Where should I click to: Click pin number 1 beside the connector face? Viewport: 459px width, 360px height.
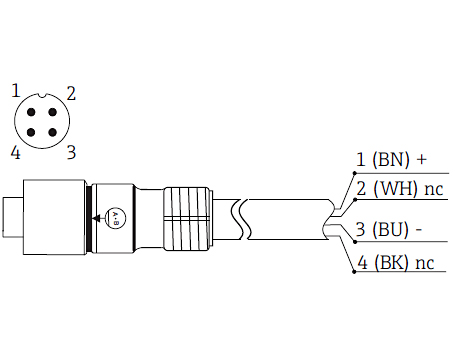[x=15, y=91]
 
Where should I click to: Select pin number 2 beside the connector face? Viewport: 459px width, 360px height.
[x=72, y=94]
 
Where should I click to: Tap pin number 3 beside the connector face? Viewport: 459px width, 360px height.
[x=71, y=152]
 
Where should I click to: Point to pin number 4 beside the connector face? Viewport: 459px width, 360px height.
[x=15, y=152]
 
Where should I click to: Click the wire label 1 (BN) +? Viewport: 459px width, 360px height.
[x=391, y=159]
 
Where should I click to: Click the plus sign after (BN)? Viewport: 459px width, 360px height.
[x=421, y=159]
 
